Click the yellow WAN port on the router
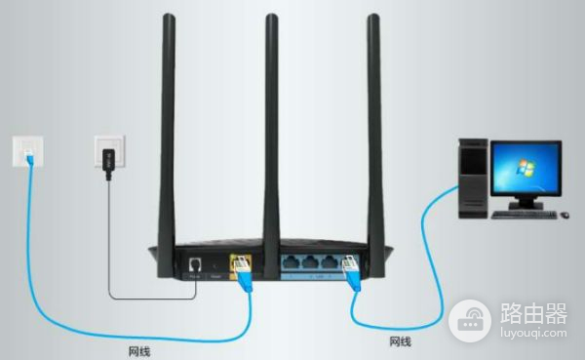pyautogui.click(x=239, y=262)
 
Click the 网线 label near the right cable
pyautogui.click(x=400, y=341)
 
